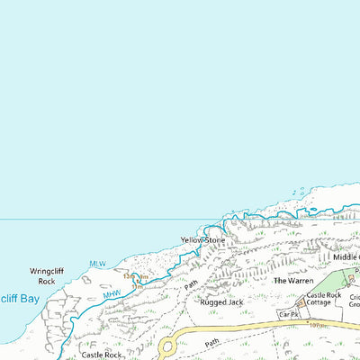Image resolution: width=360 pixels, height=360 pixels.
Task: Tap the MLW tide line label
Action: (x=97, y=264)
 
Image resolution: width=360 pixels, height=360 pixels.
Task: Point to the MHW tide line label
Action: (x=112, y=293)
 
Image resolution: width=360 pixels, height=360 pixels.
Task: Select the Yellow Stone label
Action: (x=202, y=240)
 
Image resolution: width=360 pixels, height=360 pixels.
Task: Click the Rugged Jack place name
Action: (x=223, y=302)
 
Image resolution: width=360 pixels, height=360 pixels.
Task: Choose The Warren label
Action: (x=293, y=281)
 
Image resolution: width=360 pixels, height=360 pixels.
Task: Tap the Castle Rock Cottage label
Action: (x=324, y=301)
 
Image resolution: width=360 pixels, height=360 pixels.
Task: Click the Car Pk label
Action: (x=288, y=315)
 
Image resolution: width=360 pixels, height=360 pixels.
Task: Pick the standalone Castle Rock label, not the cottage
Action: (x=101, y=355)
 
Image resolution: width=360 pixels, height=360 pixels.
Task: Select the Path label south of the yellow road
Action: (x=211, y=343)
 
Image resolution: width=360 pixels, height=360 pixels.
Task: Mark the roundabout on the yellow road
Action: (x=167, y=346)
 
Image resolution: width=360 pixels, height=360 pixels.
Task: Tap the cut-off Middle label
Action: (x=346, y=257)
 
